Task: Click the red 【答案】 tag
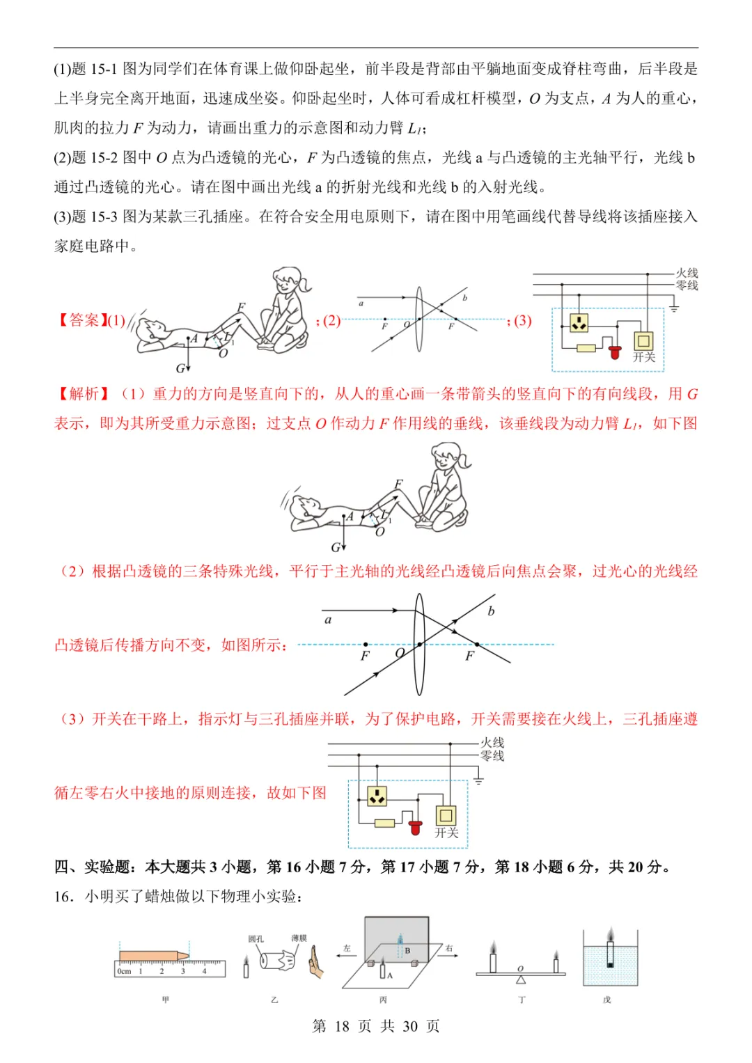pyautogui.click(x=81, y=320)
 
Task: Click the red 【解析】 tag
pyautogui.click(x=81, y=394)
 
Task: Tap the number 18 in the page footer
pyautogui.click(x=341, y=1026)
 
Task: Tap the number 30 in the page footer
pyautogui.click(x=410, y=1026)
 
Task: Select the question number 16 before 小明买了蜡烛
pyautogui.click(x=63, y=897)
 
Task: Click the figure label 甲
pyautogui.click(x=166, y=1000)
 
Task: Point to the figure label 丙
pyautogui.click(x=383, y=1000)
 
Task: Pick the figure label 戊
pyautogui.click(x=606, y=1000)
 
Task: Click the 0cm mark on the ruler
pyautogui.click(x=124, y=971)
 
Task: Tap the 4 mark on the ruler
pyautogui.click(x=204, y=971)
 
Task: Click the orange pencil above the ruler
pyautogui.click(x=153, y=956)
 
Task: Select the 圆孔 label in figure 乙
pyautogui.click(x=256, y=938)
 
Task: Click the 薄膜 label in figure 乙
pyautogui.click(x=299, y=938)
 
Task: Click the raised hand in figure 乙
pyautogui.click(x=317, y=962)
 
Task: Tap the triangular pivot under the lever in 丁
pyautogui.click(x=521, y=979)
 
